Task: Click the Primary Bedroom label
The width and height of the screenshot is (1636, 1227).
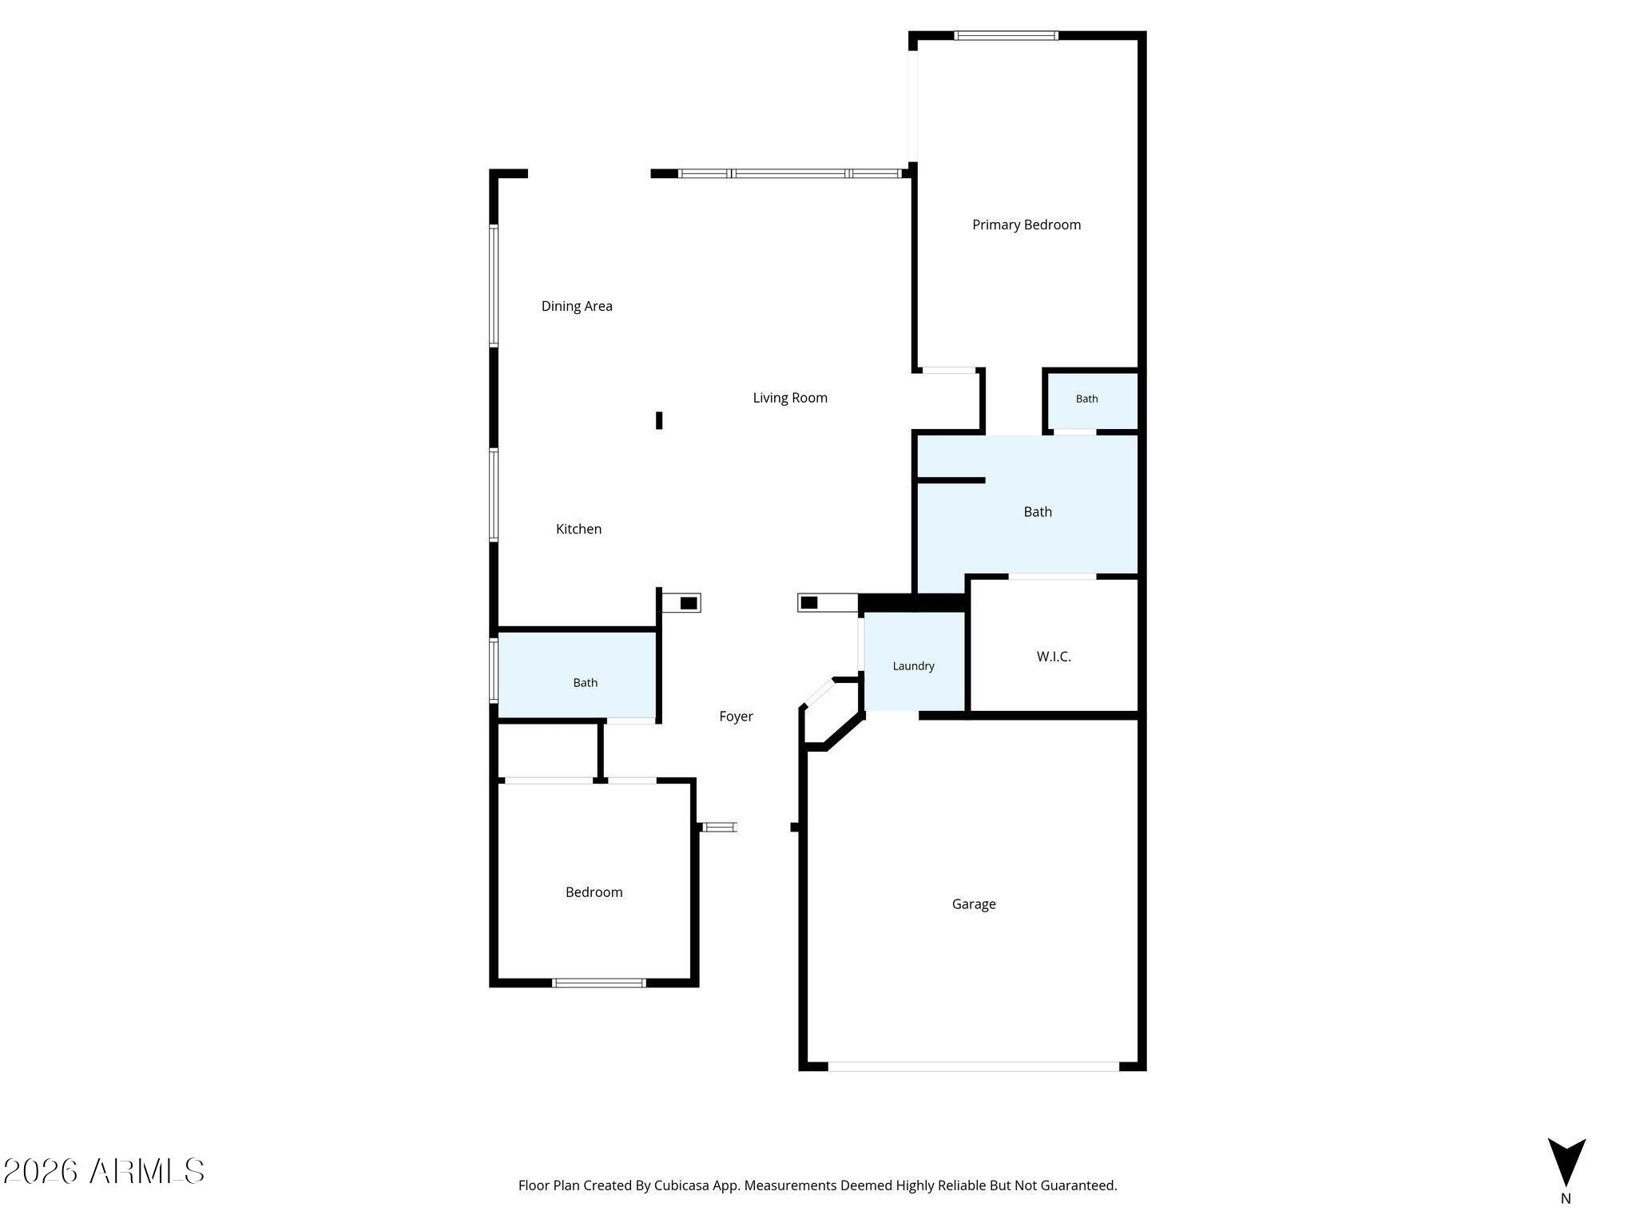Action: click(x=1026, y=225)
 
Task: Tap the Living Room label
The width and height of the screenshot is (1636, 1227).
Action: click(x=790, y=398)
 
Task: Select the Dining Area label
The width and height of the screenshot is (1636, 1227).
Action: click(x=577, y=306)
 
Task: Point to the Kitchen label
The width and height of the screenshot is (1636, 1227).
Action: click(x=578, y=529)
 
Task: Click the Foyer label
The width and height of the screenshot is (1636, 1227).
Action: click(x=736, y=717)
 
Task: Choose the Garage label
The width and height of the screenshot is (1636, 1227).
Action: click(x=974, y=904)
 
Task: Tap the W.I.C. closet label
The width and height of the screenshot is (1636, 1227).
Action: click(x=1054, y=657)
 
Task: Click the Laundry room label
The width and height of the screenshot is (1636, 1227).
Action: click(x=913, y=666)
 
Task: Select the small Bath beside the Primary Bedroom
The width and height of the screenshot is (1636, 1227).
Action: click(x=1086, y=399)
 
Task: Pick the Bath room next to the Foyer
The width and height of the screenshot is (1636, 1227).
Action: click(x=585, y=683)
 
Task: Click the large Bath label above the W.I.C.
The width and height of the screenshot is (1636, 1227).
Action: click(x=1038, y=512)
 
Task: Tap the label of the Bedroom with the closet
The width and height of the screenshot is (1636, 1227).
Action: click(x=594, y=892)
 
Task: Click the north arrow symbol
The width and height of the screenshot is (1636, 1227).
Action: click(x=1567, y=1162)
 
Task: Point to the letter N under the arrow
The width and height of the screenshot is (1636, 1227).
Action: click(x=1566, y=1198)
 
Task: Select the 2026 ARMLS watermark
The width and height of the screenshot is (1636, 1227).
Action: click(x=104, y=1171)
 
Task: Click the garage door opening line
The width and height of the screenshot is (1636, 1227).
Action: click(x=973, y=1066)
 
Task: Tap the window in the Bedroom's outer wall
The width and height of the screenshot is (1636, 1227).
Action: click(x=598, y=983)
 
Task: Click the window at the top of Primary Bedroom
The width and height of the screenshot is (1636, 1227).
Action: click(x=1007, y=35)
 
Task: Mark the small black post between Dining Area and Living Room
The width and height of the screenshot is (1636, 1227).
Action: click(x=659, y=420)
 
